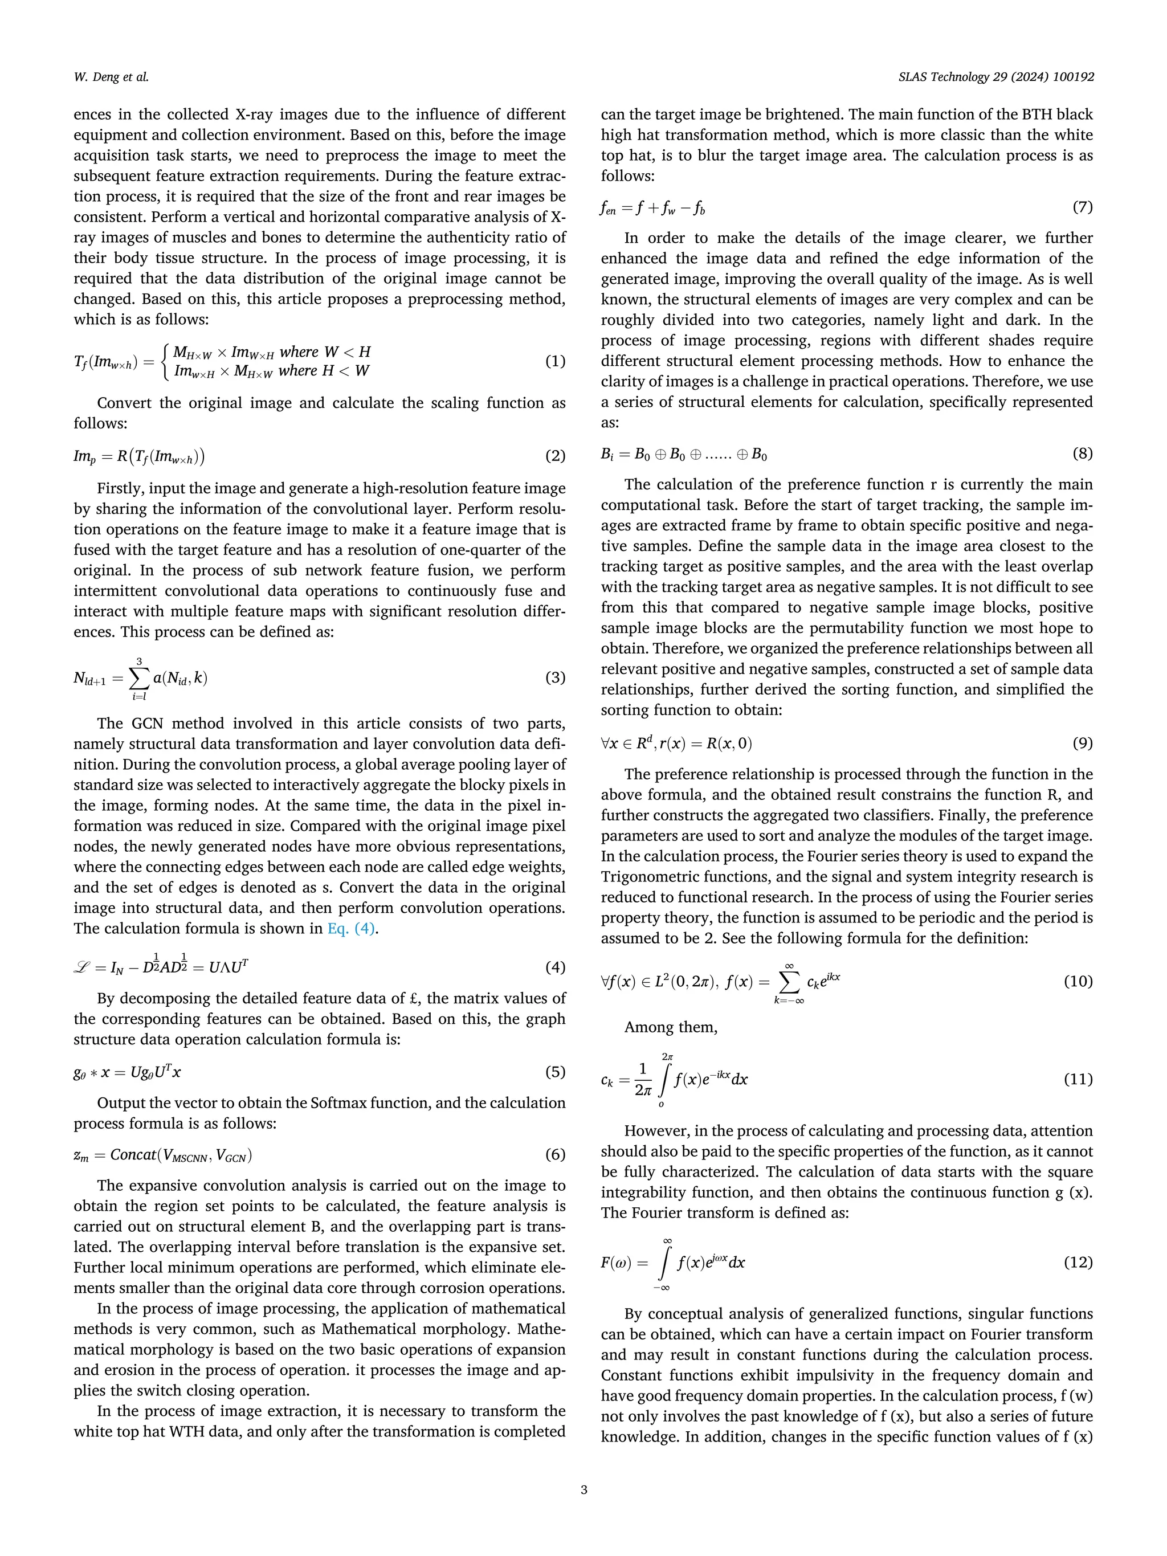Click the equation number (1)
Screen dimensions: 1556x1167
click(x=555, y=362)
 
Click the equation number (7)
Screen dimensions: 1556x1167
click(x=1083, y=207)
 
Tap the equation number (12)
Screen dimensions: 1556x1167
click(x=1078, y=1262)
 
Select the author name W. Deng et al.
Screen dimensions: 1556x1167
click(x=111, y=77)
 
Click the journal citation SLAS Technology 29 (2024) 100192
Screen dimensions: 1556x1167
click(x=996, y=77)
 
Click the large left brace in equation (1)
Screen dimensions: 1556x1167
click(x=165, y=362)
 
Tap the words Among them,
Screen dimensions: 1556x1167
click(x=670, y=1027)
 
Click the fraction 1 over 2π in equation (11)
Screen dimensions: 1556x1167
click(x=642, y=1079)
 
